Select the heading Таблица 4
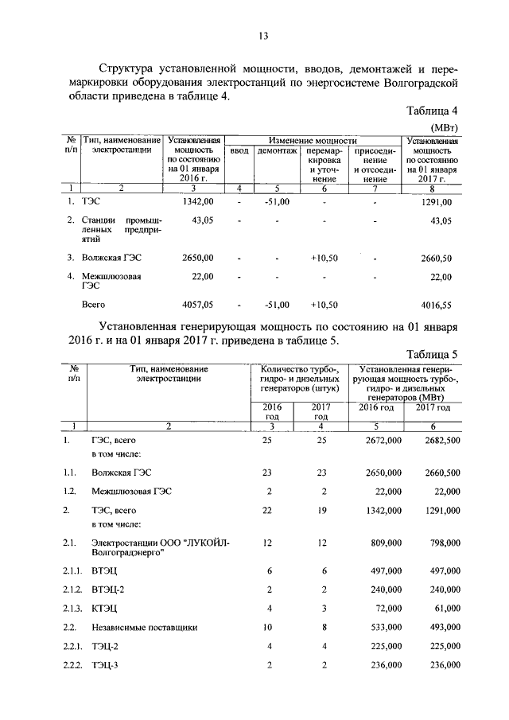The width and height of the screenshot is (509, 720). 432,111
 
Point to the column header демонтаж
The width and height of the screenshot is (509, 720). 277,151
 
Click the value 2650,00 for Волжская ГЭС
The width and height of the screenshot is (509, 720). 196,259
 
